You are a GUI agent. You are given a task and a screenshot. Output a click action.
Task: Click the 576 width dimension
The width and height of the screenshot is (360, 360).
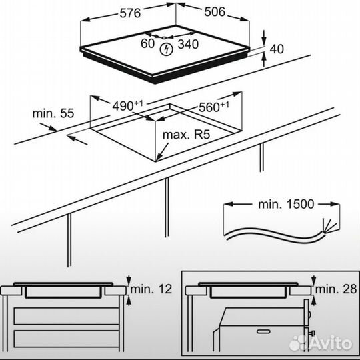pos(130,13)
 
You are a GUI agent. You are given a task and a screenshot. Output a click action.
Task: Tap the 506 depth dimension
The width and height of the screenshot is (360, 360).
pos(215,12)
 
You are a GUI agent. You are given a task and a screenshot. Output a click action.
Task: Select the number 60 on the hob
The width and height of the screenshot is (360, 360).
pos(147,43)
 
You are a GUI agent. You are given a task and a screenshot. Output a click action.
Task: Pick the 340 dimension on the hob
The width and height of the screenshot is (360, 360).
pos(188,44)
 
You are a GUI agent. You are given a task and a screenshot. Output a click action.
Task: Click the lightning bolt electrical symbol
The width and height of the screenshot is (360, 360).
pos(166,49)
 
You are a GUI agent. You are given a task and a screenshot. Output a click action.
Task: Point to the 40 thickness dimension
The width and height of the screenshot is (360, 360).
pos(277,49)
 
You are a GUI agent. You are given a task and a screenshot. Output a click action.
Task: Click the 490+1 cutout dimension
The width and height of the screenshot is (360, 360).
pos(127,105)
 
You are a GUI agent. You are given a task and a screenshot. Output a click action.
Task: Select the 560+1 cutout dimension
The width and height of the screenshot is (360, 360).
pos(214,106)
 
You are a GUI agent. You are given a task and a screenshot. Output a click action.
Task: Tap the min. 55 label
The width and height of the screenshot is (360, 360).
pos(53,113)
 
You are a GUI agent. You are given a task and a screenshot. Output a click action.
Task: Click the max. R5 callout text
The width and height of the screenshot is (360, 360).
pos(186,135)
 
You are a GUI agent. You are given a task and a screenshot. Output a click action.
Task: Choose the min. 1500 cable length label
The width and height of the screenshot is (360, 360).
pos(286,204)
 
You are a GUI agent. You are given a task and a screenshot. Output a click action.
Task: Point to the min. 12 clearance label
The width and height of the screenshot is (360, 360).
pos(151,289)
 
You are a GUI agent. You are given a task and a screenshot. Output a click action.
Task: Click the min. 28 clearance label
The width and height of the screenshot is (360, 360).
pos(336,289)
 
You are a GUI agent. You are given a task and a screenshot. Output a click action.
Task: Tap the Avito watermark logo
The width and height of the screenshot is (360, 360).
pos(321,343)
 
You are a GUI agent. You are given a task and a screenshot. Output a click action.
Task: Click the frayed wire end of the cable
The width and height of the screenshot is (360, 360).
pos(328,225)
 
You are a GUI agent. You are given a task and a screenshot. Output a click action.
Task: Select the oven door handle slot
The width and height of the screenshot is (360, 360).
pos(263,331)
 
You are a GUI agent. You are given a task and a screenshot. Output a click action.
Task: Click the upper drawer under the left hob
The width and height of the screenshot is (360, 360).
pos(67,316)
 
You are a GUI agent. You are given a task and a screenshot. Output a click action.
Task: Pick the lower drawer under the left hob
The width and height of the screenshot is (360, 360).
pos(67,339)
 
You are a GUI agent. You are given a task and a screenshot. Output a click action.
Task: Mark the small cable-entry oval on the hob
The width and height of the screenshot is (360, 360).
pos(164,38)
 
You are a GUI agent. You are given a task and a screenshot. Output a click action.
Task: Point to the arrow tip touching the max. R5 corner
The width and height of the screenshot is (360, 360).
pos(157,161)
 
